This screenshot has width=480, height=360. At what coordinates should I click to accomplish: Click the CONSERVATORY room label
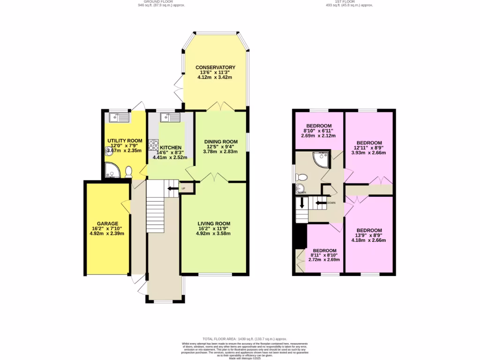click(215, 67)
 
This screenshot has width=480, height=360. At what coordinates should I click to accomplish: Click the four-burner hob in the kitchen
click(153, 145)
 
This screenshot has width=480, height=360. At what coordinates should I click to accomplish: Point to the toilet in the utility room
click(128, 173)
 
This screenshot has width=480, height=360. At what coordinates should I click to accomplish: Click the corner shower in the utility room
click(112, 172)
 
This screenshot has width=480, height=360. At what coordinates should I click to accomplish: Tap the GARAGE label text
click(107, 224)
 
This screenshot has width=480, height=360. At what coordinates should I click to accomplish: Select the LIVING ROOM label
click(214, 224)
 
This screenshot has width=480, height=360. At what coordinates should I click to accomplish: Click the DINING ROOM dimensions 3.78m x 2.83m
click(220, 151)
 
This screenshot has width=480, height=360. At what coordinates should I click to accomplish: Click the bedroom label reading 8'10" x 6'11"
click(319, 131)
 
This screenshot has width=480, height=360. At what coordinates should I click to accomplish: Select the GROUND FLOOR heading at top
click(161, 2)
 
